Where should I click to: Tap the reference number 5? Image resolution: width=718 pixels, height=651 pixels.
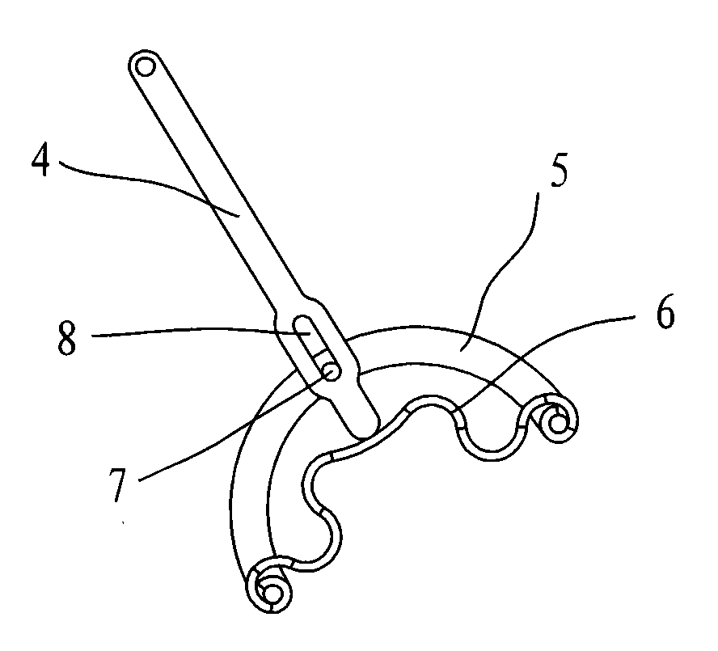[559, 171]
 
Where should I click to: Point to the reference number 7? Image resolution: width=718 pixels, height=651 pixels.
[118, 484]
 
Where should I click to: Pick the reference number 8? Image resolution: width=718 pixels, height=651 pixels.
[66, 338]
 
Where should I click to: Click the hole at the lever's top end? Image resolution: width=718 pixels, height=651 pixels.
[146, 67]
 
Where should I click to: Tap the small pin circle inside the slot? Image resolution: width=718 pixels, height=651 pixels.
[331, 371]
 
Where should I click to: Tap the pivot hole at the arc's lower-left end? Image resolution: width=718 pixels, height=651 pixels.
[273, 594]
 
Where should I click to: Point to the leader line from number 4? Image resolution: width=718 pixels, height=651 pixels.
[147, 180]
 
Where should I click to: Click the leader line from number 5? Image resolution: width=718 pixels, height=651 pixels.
[503, 269]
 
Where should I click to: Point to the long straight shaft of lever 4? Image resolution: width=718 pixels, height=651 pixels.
[215, 184]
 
